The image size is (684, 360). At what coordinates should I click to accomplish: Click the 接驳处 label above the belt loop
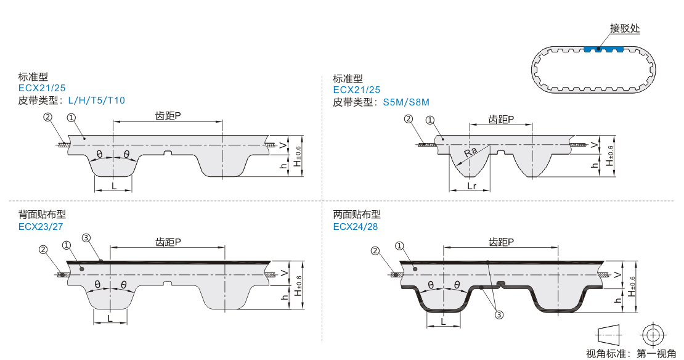pyautogui.click(x=625, y=28)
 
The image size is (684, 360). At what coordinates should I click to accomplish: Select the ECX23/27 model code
pyautogui.click(x=41, y=226)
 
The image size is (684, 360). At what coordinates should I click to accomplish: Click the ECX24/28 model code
pyautogui.click(x=356, y=226)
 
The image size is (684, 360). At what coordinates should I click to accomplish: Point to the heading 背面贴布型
pyautogui.click(x=42, y=215)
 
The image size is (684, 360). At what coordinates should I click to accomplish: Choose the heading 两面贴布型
pyautogui.click(x=357, y=215)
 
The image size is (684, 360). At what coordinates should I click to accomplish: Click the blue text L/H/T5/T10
pyautogui.click(x=96, y=100)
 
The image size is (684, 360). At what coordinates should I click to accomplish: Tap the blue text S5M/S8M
pyautogui.click(x=405, y=102)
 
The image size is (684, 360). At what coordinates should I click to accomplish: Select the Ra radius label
pyautogui.click(x=471, y=152)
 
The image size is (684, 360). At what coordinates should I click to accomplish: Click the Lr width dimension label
pyautogui.click(x=471, y=185)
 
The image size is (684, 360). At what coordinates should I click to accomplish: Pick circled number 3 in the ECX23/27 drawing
pyautogui.click(x=86, y=238)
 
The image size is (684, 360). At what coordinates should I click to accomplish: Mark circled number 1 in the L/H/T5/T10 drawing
pyautogui.click(x=71, y=117)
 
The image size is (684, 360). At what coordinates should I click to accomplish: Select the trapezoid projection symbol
pyautogui.click(x=610, y=335)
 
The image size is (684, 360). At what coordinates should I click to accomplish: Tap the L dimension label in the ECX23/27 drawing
pyautogui.click(x=110, y=318)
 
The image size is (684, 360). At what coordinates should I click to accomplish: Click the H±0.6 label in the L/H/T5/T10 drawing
pyautogui.click(x=299, y=156)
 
